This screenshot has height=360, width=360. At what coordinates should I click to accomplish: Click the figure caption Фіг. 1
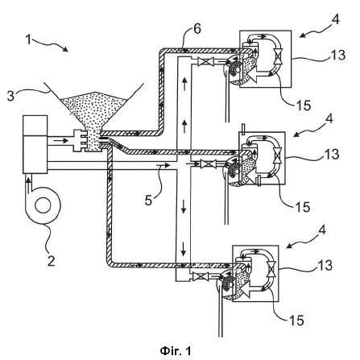176,350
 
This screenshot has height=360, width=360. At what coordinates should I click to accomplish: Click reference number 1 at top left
28,40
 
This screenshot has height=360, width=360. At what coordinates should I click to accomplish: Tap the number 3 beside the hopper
10,96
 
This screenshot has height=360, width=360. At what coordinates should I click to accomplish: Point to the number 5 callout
148,201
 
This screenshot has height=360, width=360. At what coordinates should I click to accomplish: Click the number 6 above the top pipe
197,29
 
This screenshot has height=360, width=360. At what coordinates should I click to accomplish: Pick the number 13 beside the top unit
337,55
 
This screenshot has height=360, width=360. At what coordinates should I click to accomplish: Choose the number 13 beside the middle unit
332,155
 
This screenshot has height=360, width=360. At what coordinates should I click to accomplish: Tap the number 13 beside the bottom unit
325,265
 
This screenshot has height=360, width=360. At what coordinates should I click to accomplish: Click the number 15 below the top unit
304,106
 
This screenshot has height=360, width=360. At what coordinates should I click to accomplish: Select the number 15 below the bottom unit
296,321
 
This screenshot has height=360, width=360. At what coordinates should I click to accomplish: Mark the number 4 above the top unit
335,19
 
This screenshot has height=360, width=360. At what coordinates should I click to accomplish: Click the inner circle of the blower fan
43,205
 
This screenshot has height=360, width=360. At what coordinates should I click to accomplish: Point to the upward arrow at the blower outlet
27,184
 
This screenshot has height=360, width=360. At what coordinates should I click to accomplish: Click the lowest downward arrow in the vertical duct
184,249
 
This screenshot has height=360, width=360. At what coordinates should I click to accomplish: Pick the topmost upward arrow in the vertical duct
184,84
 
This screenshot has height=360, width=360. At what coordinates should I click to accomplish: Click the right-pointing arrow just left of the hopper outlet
61,141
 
